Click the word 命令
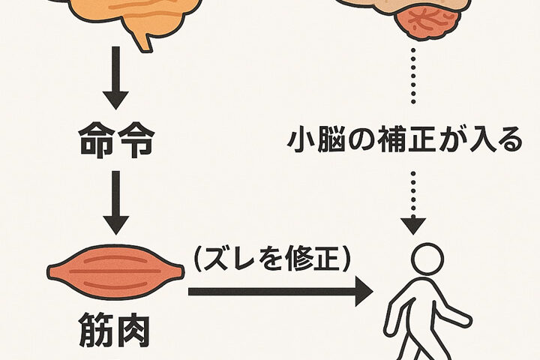[115, 140]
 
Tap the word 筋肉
[115, 331]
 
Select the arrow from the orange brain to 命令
[115, 79]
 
